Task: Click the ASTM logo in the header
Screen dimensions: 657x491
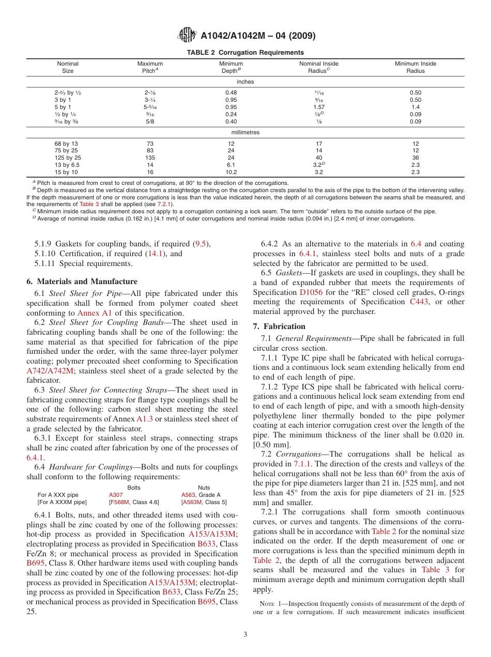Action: click(187, 35)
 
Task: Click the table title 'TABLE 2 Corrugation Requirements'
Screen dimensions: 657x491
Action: click(245, 53)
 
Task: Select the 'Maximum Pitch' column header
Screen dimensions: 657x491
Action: click(150, 67)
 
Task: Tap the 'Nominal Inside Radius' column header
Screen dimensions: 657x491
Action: click(319, 67)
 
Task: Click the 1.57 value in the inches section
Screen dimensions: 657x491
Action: click(319, 107)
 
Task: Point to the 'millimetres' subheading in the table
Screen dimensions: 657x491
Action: click(245, 132)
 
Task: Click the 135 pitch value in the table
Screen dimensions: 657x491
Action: click(150, 158)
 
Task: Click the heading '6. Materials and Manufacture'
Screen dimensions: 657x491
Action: click(82, 281)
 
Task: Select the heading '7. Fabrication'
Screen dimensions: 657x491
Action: click(279, 326)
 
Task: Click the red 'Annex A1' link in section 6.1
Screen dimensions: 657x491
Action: click(94, 313)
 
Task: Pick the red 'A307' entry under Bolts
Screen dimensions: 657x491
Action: click(116, 495)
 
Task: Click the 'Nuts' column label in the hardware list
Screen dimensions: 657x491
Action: click(204, 487)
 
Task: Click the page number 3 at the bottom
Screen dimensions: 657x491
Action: click(245, 635)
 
